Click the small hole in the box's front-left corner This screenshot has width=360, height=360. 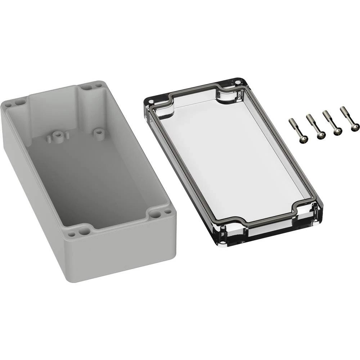click(x=72, y=234)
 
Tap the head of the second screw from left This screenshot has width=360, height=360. click(x=321, y=135)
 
